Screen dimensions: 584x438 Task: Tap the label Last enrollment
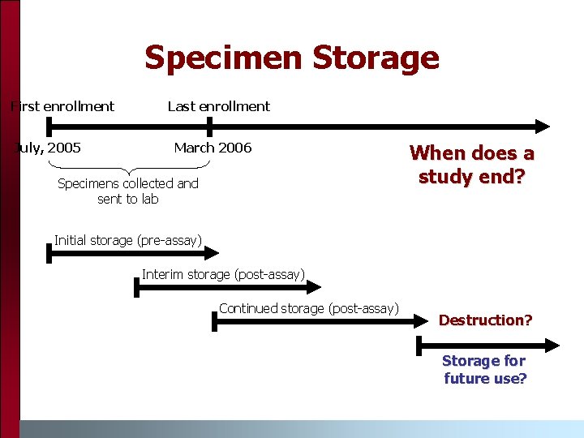point(218,106)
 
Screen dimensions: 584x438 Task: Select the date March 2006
point(213,148)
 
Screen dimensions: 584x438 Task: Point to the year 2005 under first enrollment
point(64,148)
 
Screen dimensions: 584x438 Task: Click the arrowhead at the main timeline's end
point(542,127)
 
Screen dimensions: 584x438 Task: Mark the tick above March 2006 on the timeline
point(209,127)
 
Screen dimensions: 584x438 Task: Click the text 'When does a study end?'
point(471,164)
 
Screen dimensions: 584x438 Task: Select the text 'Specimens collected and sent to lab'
point(128,191)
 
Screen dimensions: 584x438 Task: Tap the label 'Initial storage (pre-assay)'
point(127,239)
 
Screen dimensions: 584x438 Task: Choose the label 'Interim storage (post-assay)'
point(223,274)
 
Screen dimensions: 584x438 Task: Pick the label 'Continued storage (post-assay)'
point(309,308)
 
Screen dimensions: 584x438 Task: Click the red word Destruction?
point(485,320)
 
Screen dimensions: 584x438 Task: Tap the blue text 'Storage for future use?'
point(484,369)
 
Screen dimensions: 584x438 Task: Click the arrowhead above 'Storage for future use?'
point(552,346)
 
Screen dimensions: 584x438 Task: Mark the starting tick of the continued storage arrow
point(214,322)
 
